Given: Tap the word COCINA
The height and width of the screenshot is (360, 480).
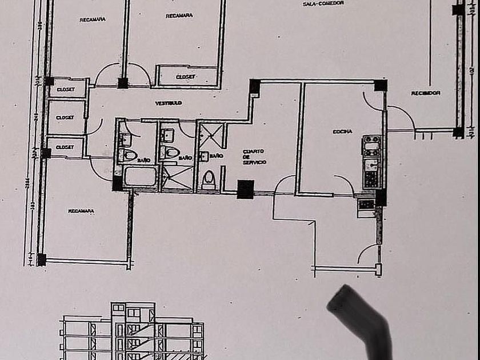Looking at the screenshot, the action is coord(342,131).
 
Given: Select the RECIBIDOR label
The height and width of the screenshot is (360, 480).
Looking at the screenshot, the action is coord(425,93).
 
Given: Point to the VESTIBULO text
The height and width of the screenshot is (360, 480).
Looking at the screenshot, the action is coord(169,103).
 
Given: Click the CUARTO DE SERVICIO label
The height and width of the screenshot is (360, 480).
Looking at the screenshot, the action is coord(253,157).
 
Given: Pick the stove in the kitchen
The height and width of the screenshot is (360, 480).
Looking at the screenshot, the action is coord(372,146).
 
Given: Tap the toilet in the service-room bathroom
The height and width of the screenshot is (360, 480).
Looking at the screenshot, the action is coord(209,180).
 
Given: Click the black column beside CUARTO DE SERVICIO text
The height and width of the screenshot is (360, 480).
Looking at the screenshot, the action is coord(245,189).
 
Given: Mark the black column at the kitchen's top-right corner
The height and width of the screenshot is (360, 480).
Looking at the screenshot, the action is coord(381,86).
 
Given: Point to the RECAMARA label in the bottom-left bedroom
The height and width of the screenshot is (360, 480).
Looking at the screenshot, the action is coord(81,211).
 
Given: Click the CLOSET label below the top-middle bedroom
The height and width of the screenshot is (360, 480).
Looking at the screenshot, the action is coord(186,76).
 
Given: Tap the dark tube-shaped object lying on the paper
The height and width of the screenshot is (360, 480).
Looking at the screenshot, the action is coord(361,320).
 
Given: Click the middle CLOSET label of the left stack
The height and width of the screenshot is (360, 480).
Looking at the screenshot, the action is coord(65,117).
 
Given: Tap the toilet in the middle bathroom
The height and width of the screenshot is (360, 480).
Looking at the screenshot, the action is coord(170,153).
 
